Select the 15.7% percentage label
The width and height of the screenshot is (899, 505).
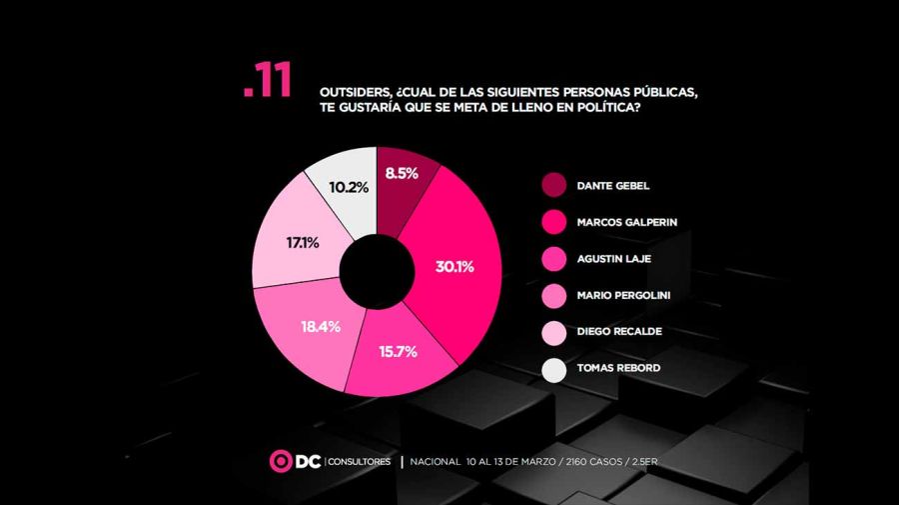pos(398,351)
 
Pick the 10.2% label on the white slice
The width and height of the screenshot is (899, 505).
pos(340,187)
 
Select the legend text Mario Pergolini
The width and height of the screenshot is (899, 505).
pos(623,296)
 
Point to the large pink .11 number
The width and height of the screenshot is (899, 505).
pos(267,82)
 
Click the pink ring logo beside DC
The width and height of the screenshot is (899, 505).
pos(280,461)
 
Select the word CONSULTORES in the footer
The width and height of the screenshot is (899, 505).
pos(361,462)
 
